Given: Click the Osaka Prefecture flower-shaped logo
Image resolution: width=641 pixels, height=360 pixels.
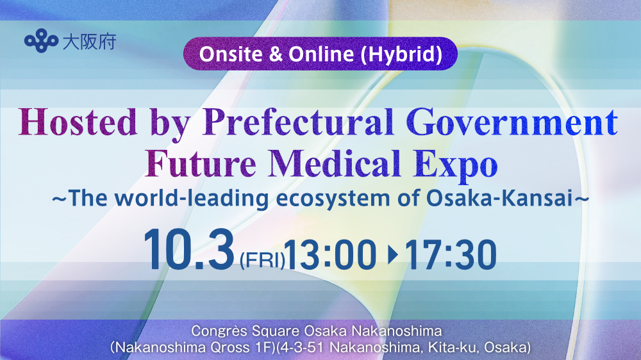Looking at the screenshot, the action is (x=41, y=40).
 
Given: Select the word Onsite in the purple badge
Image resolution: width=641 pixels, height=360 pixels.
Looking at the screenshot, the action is (x=231, y=54).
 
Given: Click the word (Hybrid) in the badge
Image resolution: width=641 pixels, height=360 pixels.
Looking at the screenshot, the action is (x=401, y=54).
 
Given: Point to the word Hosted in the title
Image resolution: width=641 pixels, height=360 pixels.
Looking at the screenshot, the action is (x=78, y=122).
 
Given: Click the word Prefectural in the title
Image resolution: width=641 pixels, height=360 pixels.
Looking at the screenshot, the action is (x=298, y=122).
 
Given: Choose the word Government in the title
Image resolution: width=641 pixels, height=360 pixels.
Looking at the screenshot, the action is (x=512, y=122).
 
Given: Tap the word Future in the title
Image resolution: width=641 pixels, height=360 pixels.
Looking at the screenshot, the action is (x=201, y=163).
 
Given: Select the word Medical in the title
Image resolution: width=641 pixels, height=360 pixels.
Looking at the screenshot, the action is (x=335, y=163).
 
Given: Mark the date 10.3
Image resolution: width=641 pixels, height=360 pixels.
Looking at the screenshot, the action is (x=188, y=250).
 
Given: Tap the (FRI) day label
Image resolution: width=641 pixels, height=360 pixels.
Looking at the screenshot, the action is (x=262, y=260).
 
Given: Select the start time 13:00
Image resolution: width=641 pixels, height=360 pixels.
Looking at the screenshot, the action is (x=330, y=255).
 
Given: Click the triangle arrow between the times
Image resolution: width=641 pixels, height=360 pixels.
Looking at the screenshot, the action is (x=393, y=255).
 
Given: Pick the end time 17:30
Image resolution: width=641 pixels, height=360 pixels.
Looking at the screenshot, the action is (x=451, y=255).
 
